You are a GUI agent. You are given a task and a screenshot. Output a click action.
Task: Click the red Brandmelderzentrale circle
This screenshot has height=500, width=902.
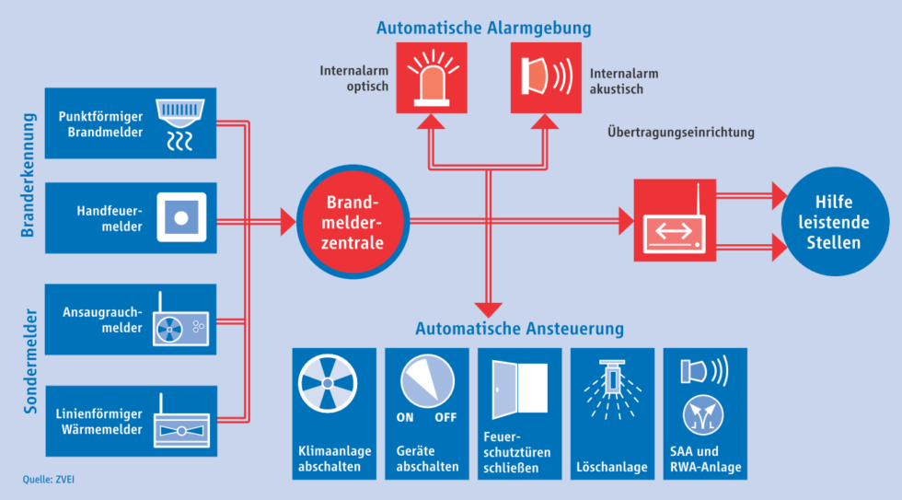pyautogui.click(x=353, y=221)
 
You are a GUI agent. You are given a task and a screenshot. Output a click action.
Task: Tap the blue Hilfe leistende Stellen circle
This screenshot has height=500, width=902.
pyautogui.click(x=831, y=222)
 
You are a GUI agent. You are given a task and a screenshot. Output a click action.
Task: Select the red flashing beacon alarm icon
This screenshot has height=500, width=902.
pyautogui.click(x=431, y=76)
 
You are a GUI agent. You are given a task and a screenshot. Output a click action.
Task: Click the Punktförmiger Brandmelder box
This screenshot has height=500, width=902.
pyautogui.click(x=130, y=122)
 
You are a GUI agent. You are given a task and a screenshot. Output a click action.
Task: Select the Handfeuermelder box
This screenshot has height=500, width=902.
pyautogui.click(x=130, y=218)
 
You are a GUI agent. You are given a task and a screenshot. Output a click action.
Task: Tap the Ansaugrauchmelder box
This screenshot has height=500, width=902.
pyautogui.click(x=130, y=319)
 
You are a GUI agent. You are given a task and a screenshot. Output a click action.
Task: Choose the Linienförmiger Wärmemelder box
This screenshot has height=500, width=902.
pyautogui.click(x=130, y=421)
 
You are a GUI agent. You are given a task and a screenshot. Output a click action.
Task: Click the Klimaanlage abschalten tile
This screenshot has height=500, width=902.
pyautogui.click(x=334, y=413)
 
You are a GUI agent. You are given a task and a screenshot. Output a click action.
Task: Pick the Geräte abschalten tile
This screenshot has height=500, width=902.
pyautogui.click(x=426, y=413)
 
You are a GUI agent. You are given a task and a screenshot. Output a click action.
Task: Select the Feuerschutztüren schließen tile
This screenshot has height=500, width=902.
pyautogui.click(x=519, y=413)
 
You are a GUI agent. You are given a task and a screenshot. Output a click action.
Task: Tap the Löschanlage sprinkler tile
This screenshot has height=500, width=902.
pyautogui.click(x=612, y=413)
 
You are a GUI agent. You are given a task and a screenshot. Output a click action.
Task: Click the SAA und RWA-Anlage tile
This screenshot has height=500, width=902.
pyautogui.click(x=705, y=413)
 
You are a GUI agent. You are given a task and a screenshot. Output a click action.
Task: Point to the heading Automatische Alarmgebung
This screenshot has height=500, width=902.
pyautogui.click(x=483, y=28)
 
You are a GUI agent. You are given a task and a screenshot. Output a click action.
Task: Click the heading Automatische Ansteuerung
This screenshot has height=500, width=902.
pyautogui.click(x=519, y=328)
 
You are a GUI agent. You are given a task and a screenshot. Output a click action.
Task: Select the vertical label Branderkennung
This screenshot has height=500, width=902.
pyautogui.click(x=28, y=175)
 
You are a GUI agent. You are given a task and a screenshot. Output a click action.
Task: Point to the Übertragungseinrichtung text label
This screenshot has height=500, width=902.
pyautogui.click(x=680, y=133)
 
